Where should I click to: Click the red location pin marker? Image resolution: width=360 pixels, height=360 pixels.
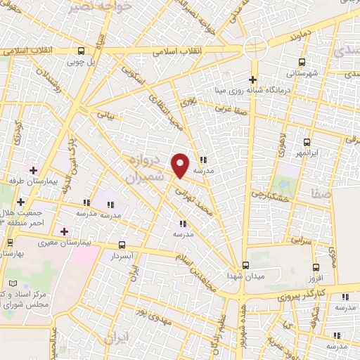pyautogui.click(x=181, y=166)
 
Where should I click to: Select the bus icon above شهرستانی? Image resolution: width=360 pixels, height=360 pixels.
pyautogui.click(x=302, y=62)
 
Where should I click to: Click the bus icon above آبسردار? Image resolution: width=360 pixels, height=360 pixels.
pyautogui.click(x=123, y=245)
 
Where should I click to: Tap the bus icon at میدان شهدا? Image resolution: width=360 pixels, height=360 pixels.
pyautogui.click(x=245, y=265)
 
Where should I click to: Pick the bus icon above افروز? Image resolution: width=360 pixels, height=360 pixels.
pyautogui.click(x=316, y=267)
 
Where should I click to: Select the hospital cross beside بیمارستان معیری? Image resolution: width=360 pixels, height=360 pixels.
pyautogui.click(x=64, y=231)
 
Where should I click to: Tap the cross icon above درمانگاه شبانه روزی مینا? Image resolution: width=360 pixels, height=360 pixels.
pyautogui.click(x=252, y=79)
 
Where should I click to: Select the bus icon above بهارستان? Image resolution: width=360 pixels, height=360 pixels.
pyautogui.click(x=9, y=242)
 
